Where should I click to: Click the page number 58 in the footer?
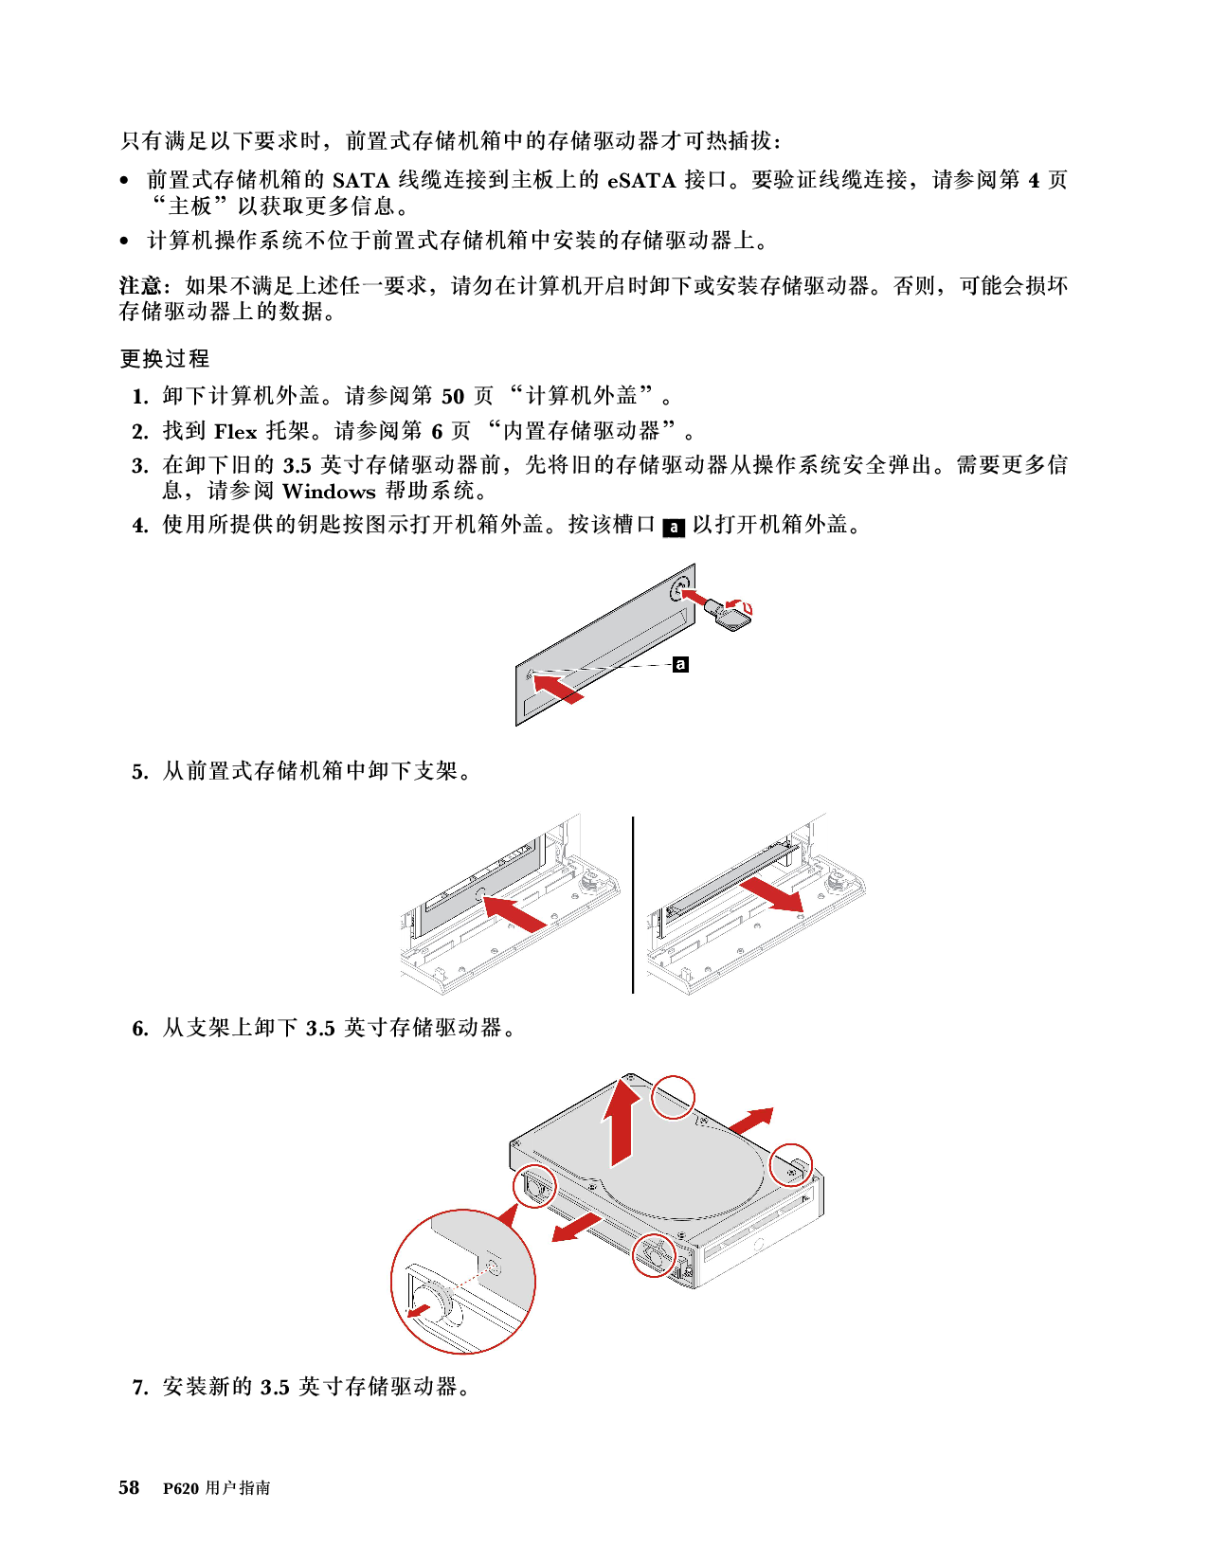(x=129, y=1487)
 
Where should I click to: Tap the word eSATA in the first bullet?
(x=641, y=181)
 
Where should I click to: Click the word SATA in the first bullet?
(x=360, y=181)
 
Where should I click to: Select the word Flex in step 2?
(x=235, y=432)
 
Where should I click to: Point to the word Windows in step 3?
(x=329, y=492)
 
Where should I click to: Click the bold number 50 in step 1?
(x=453, y=396)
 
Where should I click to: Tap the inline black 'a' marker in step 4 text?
(x=674, y=528)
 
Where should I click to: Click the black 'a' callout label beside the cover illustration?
(x=680, y=664)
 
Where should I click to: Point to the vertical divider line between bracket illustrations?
(x=633, y=905)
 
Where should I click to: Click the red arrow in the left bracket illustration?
(x=515, y=913)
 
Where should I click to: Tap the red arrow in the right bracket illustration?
(x=772, y=895)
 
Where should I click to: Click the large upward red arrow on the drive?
(x=621, y=1123)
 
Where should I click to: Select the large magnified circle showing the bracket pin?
(x=462, y=1281)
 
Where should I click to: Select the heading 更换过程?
(x=165, y=358)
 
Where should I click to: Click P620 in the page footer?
(x=181, y=1488)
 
